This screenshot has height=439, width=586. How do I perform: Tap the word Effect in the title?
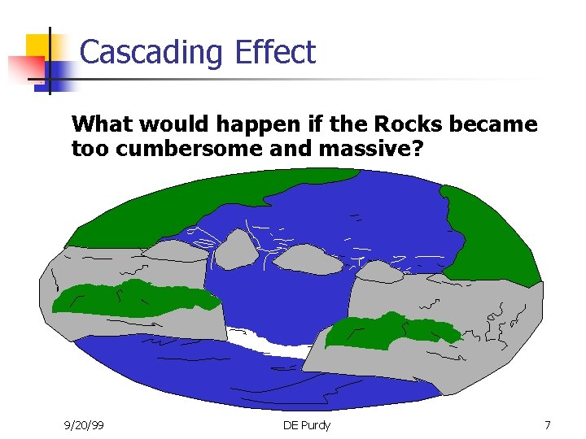274,52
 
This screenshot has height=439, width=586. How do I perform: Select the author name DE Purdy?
307,425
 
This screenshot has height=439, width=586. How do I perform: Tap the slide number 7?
548,425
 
